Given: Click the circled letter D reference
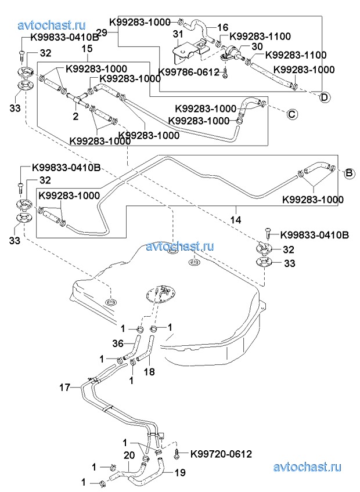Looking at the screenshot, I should (325, 97).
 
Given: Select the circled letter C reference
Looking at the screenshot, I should (293, 114).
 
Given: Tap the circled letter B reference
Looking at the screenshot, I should (350, 173).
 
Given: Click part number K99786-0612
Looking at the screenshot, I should (189, 72).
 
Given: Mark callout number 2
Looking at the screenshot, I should (75, 116).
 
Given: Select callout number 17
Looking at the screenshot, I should (64, 386).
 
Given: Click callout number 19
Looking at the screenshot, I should (180, 472).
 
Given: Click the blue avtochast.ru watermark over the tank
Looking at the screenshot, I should (180, 246).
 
